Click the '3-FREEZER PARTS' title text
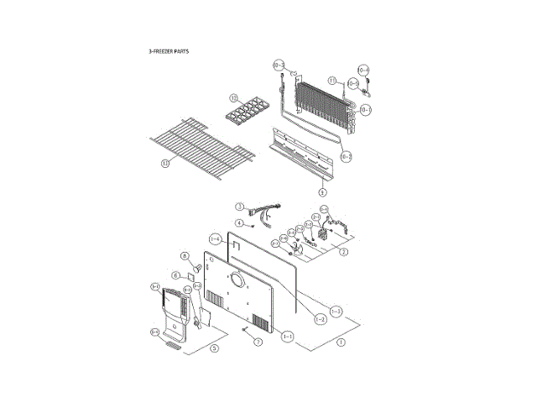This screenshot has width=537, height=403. tap(169, 51)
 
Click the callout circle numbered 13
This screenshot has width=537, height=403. tap(164, 164)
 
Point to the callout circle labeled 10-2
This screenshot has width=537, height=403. tap(346, 156)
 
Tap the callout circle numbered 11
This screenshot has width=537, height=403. tap(332, 81)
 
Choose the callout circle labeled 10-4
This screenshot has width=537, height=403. tap(364, 70)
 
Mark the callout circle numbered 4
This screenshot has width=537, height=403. tap(239, 223)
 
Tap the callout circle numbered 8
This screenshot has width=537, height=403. tap(184, 256)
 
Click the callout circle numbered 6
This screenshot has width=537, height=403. tap(177, 275)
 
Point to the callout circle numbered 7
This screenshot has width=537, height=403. tap(258, 343)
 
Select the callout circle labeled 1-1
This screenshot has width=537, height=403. tap(288, 336)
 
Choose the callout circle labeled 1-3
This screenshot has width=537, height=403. tap(336, 311)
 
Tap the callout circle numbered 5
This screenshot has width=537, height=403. tap(214, 348)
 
